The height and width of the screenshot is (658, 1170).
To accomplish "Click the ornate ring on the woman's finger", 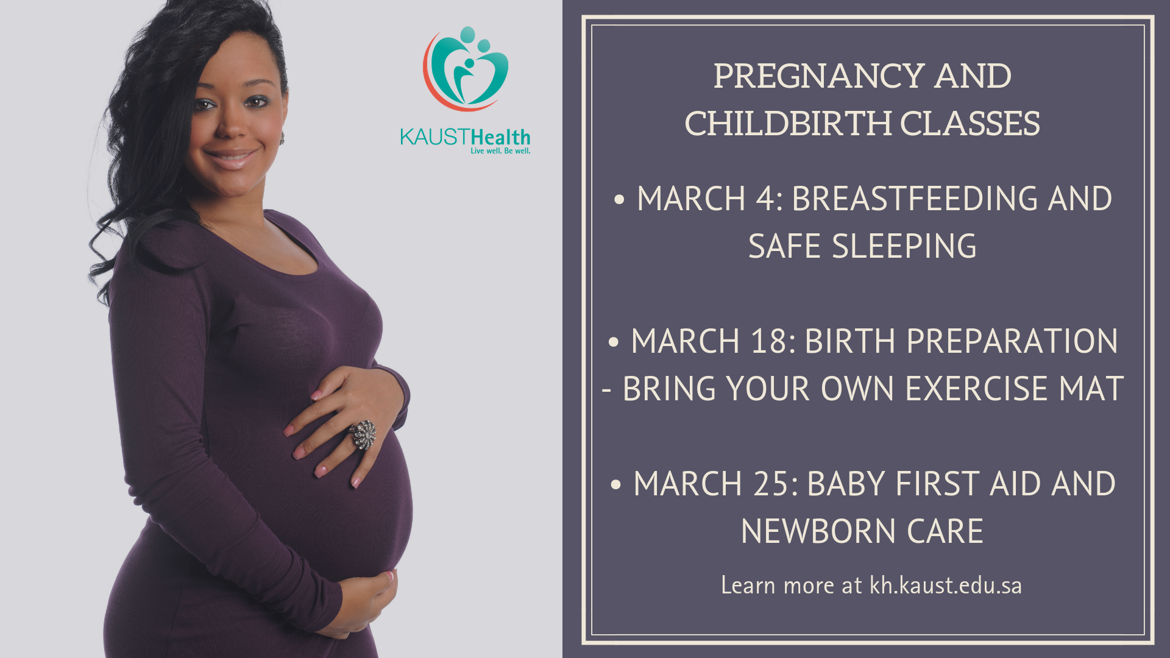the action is click(x=363, y=434).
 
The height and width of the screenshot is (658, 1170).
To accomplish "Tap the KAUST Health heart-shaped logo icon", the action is click(x=466, y=68).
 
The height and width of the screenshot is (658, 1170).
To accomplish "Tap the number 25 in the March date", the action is click(x=771, y=484).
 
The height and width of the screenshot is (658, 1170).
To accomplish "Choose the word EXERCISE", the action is click(x=977, y=389).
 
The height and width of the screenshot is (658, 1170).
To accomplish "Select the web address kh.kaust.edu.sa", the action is click(x=946, y=585).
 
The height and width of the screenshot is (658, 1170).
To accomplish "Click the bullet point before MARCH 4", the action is click(x=619, y=200).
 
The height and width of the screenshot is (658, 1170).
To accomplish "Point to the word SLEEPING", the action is click(x=904, y=247).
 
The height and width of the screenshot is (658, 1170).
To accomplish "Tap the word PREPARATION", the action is click(x=1012, y=341).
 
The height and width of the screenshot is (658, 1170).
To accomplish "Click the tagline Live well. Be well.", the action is click(x=500, y=150).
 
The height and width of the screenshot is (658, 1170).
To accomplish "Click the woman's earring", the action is click(x=282, y=139).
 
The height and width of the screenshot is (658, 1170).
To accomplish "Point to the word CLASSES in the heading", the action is click(x=970, y=124).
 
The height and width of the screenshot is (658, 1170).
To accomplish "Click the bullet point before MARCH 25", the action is click(x=615, y=485).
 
